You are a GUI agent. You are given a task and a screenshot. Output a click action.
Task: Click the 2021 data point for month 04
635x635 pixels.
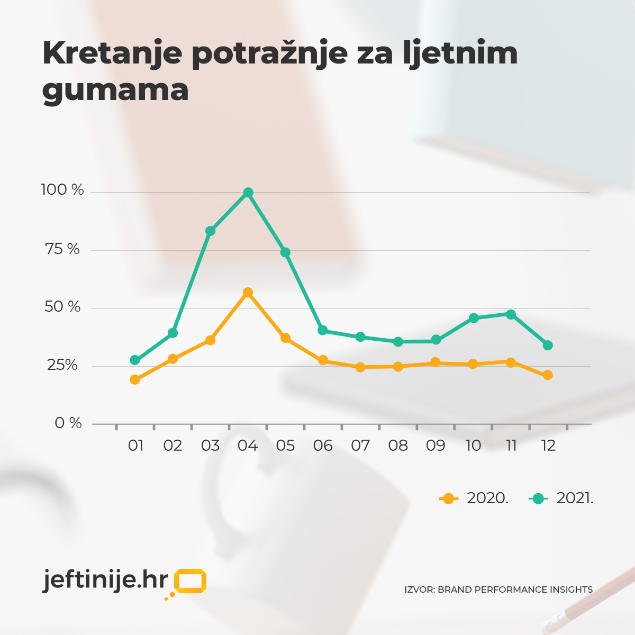click(x=248, y=193)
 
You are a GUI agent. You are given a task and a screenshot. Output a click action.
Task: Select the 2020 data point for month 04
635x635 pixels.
click(x=248, y=293)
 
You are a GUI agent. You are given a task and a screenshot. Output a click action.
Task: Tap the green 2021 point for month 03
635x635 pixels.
click(x=210, y=231)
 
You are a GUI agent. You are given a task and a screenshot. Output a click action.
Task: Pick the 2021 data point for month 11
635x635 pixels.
click(x=511, y=314)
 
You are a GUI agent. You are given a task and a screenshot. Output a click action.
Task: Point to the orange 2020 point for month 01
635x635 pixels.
click(x=135, y=379)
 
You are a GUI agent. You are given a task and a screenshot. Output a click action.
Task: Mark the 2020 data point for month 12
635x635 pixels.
click(x=548, y=375)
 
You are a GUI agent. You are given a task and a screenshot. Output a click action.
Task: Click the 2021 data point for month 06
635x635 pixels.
click(x=323, y=330)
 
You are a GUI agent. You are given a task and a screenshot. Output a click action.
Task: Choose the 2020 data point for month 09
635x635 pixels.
click(x=436, y=362)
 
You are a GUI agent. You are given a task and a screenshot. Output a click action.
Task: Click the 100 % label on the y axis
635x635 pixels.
click(x=62, y=190)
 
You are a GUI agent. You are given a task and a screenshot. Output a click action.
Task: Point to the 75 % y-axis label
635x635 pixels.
click(x=62, y=249)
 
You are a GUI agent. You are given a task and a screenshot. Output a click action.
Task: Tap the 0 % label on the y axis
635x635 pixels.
click(x=68, y=423)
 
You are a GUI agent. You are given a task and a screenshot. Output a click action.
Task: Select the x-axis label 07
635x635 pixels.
click(x=360, y=446)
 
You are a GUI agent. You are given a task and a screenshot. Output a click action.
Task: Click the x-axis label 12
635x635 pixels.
click(x=548, y=446)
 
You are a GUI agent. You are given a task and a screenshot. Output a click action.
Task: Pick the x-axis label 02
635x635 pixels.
click(x=173, y=446)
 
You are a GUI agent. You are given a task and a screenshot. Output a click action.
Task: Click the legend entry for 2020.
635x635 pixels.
click(x=474, y=498)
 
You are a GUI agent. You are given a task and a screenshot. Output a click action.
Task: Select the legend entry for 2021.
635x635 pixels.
click(x=561, y=498)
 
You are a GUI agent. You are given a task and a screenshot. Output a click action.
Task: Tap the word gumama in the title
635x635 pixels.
click(x=115, y=90)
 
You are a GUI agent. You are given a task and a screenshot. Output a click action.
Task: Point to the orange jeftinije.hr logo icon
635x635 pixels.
click(x=189, y=582)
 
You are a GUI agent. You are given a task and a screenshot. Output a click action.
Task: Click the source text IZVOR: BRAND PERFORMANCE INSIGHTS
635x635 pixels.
click(x=498, y=589)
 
